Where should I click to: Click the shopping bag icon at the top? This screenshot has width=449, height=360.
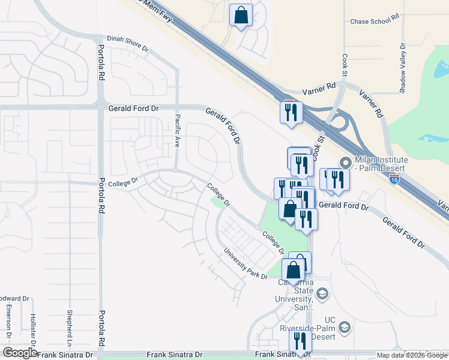tap(241, 16)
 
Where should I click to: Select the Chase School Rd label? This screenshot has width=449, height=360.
tap(375, 21)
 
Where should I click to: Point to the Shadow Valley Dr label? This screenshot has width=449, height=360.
tap(403, 68)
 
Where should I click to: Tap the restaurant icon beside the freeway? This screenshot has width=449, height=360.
tap(291, 112)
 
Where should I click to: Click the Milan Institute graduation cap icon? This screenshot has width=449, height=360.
tap(345, 163)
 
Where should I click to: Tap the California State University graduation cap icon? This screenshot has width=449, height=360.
tap(322, 293)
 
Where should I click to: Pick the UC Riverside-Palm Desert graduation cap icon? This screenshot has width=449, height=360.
tap(345, 328)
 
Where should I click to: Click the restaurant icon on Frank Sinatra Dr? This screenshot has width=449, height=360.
tap(300, 341)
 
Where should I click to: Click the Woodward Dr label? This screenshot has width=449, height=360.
tap(14, 298)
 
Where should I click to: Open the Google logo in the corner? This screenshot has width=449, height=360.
tap(19, 353)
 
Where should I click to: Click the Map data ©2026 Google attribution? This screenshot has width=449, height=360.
tap(412, 355)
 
